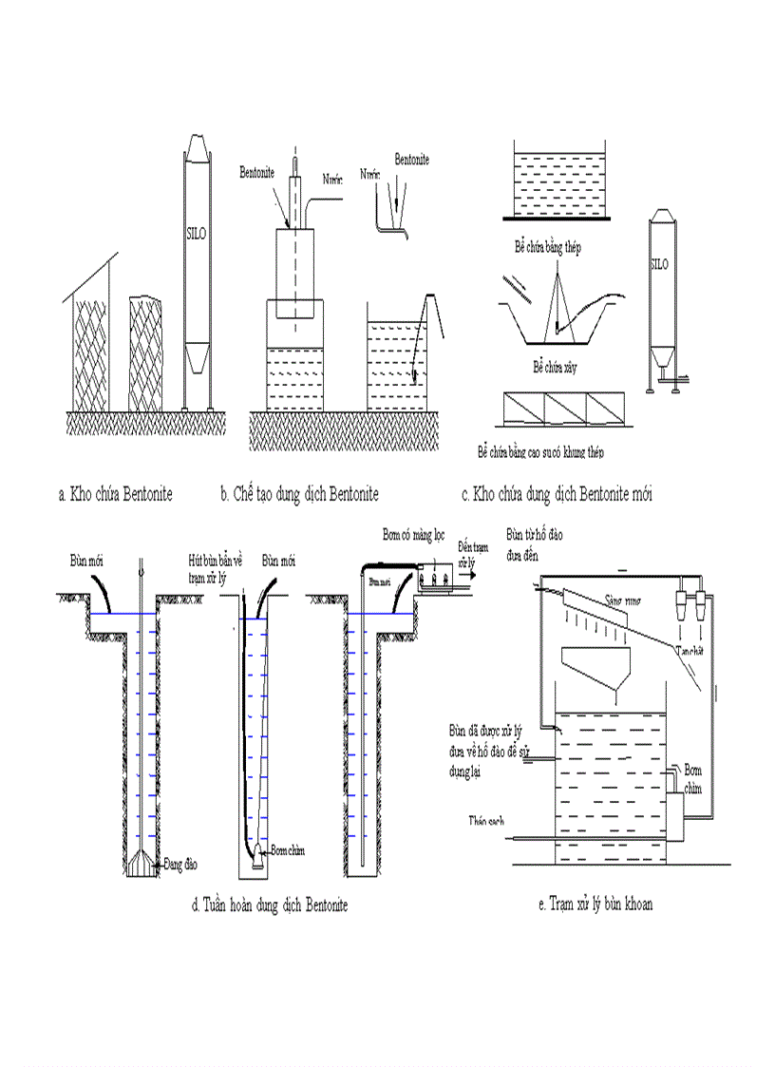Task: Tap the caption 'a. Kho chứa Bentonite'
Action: tap(116, 495)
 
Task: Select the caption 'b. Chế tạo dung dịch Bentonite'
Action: tap(299, 495)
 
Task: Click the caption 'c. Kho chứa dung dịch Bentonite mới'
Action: tap(556, 495)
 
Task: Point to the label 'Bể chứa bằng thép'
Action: tap(548, 247)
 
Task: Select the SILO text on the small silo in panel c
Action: tap(660, 265)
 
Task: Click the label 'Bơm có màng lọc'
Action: tap(413, 534)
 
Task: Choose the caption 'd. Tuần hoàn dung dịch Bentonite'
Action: tap(270, 906)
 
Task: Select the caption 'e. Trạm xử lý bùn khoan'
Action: tap(595, 905)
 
